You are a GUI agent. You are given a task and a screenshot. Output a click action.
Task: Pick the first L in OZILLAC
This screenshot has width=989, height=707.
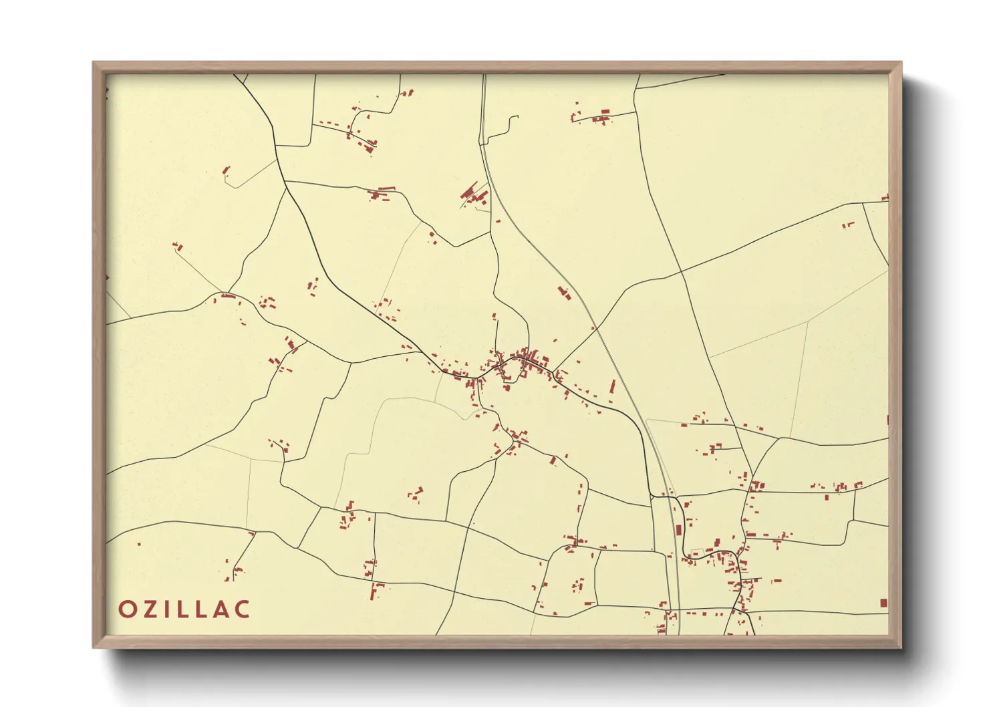182,609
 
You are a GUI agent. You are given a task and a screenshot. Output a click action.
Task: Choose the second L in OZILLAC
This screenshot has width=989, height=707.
202,609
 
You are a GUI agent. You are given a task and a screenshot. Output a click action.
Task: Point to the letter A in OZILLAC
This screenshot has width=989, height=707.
223,609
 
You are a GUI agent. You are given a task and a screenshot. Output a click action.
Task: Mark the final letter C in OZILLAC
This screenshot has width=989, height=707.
243,609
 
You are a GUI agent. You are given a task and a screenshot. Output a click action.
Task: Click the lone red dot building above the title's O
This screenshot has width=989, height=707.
139,544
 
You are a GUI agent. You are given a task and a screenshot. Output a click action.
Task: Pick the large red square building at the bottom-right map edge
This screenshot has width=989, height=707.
883,603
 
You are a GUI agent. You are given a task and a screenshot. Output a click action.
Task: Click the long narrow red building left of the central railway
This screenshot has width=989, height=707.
612,386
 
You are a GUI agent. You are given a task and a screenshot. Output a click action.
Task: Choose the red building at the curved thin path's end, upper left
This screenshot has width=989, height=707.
226,170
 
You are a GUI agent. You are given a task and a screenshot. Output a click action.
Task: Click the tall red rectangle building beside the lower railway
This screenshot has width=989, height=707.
679,530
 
